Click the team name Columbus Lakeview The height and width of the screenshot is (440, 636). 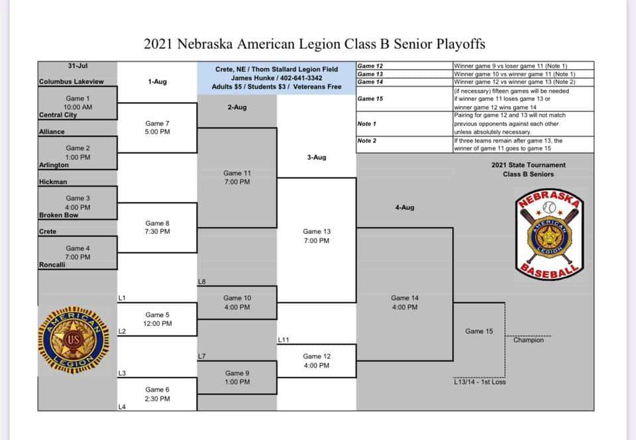tap(72, 82)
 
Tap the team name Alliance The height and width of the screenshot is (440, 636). tap(52, 132)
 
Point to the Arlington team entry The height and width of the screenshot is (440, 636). tap(54, 165)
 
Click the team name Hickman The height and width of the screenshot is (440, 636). tap(53, 182)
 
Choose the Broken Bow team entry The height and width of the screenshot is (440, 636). tap(58, 215)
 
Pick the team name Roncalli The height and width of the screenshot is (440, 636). tap(52, 265)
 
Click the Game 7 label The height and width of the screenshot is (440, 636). tap(157, 123)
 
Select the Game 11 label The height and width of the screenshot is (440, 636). tap(237, 173)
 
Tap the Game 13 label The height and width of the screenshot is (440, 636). tap(316, 231)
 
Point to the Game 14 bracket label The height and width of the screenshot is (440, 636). tap(404, 298)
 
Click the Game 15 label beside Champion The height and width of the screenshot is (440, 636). tap(479, 331)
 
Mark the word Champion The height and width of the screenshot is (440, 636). tap(528, 340)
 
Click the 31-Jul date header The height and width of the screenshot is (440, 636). tap(78, 66)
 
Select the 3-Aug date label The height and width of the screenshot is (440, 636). tap(316, 157)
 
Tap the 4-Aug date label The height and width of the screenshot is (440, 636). tap(404, 207)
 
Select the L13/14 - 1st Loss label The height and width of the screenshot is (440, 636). tap(480, 382)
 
